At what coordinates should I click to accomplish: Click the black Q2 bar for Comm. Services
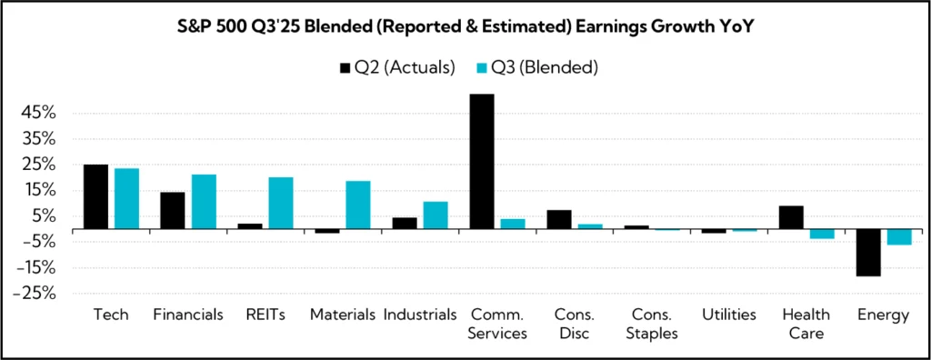(482, 162)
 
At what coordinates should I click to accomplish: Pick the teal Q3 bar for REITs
(281, 204)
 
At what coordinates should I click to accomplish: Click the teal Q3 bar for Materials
(358, 205)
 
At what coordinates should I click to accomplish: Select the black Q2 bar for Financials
(173, 211)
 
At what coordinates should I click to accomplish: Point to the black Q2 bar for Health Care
(792, 218)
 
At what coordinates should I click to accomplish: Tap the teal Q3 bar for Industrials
(435, 215)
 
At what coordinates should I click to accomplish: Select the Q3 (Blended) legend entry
(537, 67)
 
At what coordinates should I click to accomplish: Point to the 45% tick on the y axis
(40, 114)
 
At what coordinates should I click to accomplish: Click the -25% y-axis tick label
(37, 294)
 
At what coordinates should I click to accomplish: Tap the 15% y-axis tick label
(40, 191)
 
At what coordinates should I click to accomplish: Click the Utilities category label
(728, 315)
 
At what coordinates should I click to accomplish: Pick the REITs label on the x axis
(265, 315)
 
